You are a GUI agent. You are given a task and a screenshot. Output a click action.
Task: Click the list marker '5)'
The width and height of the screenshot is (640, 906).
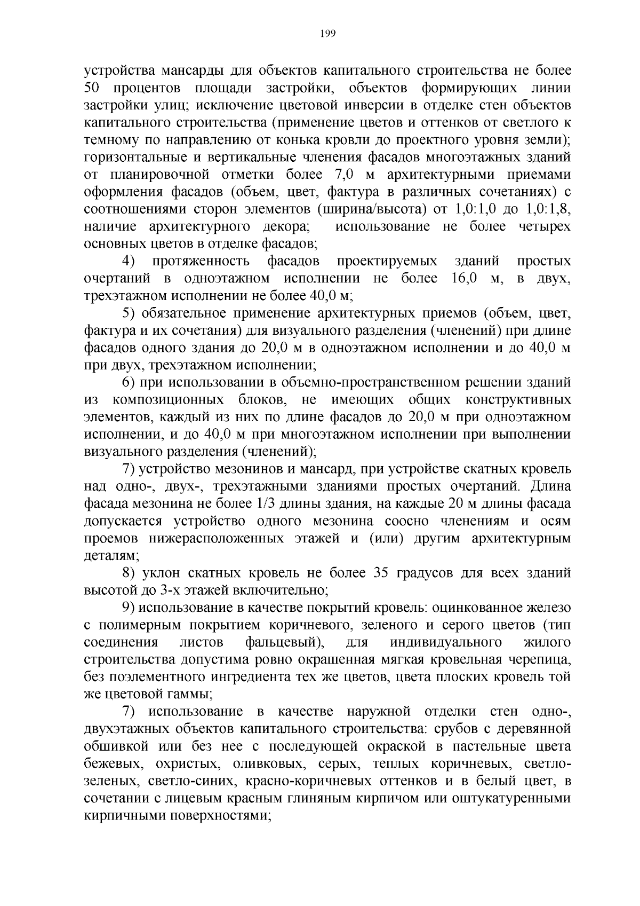click(x=129, y=313)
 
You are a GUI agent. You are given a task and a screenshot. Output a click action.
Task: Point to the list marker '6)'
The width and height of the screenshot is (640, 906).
click(x=129, y=382)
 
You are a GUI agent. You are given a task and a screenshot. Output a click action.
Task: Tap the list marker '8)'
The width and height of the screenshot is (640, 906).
click(x=129, y=573)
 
